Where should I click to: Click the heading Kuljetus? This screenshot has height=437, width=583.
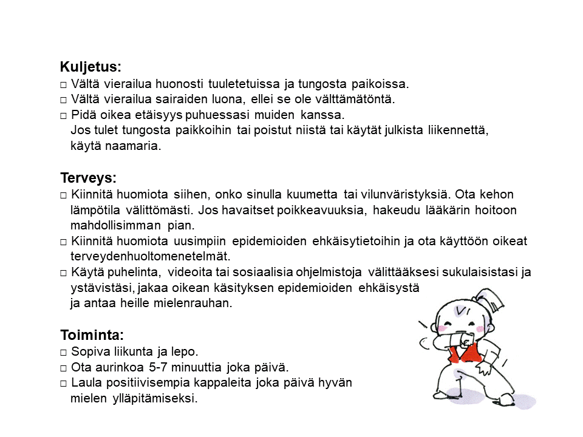click(90, 67)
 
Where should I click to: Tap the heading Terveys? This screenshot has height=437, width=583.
click(88, 178)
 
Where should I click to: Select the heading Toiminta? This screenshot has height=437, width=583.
click(92, 335)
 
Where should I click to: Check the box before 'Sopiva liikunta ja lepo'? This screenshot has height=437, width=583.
click(63, 352)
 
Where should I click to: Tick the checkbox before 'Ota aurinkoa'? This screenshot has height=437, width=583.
click(63, 368)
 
